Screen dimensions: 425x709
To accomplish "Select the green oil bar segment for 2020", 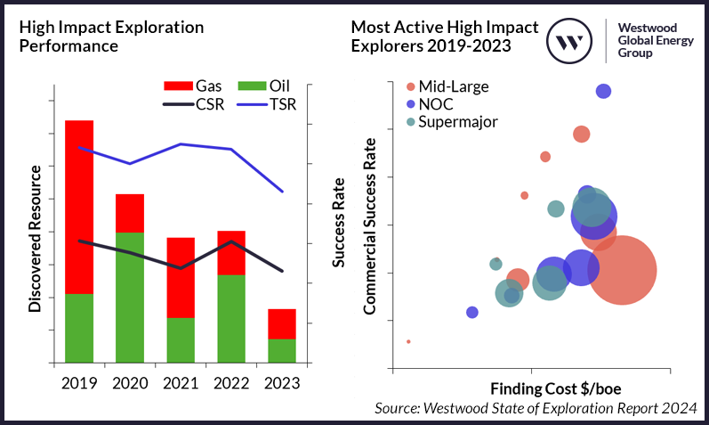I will (x=130, y=298).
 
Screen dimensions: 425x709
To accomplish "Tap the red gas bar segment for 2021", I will (x=181, y=278).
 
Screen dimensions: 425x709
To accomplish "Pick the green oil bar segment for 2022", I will (x=231, y=318).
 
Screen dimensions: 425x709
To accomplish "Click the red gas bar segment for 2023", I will (x=281, y=323).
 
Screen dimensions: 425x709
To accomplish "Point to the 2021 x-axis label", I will (x=181, y=384).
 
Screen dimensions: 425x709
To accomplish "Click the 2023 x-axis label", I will (x=282, y=384).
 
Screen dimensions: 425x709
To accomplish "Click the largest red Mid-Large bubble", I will (x=622, y=271).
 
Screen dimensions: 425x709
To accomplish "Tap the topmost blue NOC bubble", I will (x=603, y=91).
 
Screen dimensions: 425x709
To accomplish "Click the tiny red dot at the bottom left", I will (x=408, y=341).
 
